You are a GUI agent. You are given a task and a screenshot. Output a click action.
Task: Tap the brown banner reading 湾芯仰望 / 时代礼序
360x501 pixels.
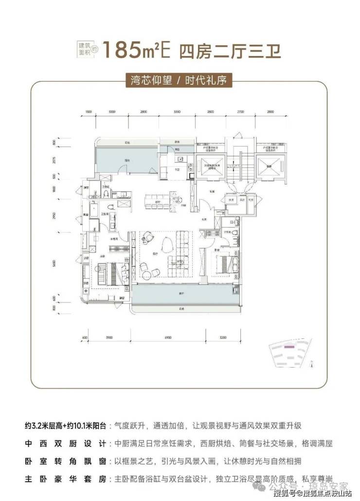coord(180,80)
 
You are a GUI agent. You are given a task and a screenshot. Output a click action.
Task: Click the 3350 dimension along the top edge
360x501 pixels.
coord(177,112)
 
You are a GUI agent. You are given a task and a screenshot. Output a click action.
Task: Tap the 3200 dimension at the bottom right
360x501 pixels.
coord(223,337)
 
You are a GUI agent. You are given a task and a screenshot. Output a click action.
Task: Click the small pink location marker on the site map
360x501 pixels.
coord(289,347)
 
